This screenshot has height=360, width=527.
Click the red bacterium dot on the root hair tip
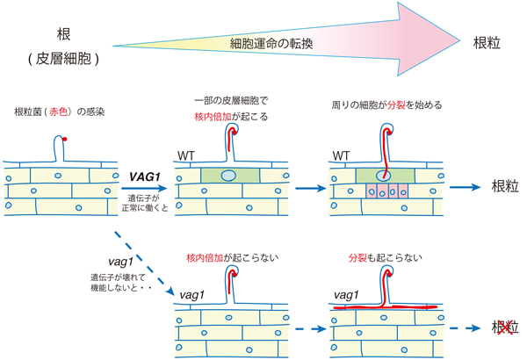tap(65, 140)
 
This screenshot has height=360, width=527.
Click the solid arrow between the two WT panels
tap(306, 187)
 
